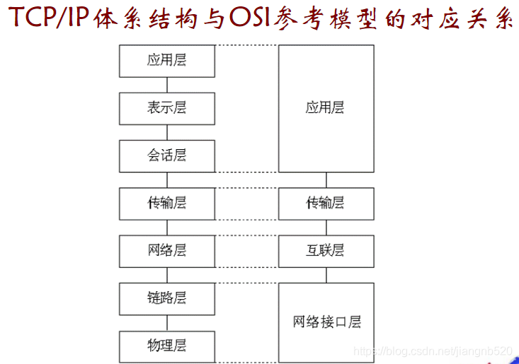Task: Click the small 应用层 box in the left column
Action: [x=167, y=61]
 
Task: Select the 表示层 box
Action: [x=167, y=108]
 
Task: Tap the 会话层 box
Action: [x=167, y=155]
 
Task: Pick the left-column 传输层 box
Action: [x=167, y=204]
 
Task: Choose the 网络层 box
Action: [x=167, y=251]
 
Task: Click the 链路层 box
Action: [x=167, y=298]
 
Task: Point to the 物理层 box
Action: [x=167, y=346]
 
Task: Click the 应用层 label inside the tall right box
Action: [x=326, y=108]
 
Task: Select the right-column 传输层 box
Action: [x=326, y=204]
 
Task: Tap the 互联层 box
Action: [x=326, y=251]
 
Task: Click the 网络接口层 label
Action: [x=326, y=322]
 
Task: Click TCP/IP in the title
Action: [x=47, y=19]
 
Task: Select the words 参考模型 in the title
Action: [x=326, y=19]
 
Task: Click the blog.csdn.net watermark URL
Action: [x=432, y=351]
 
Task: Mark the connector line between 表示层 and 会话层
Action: [x=167, y=132]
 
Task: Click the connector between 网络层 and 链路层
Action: [x=167, y=275]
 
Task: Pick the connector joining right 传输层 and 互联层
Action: [x=326, y=228]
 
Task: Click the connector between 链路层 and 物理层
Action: [x=167, y=322]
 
